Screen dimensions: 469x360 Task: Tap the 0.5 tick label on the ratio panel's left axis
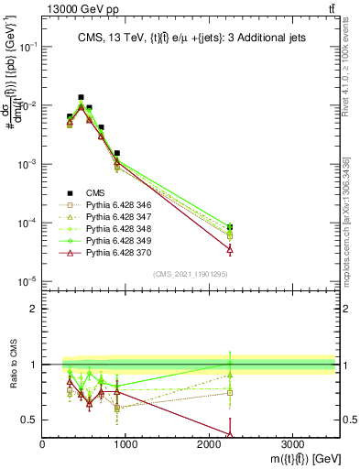[x=31, y=420]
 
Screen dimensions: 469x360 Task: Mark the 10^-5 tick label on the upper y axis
[x=27, y=281]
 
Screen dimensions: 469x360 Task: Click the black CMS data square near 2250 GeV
[x=230, y=227]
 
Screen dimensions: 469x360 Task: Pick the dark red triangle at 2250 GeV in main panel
[x=230, y=249]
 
